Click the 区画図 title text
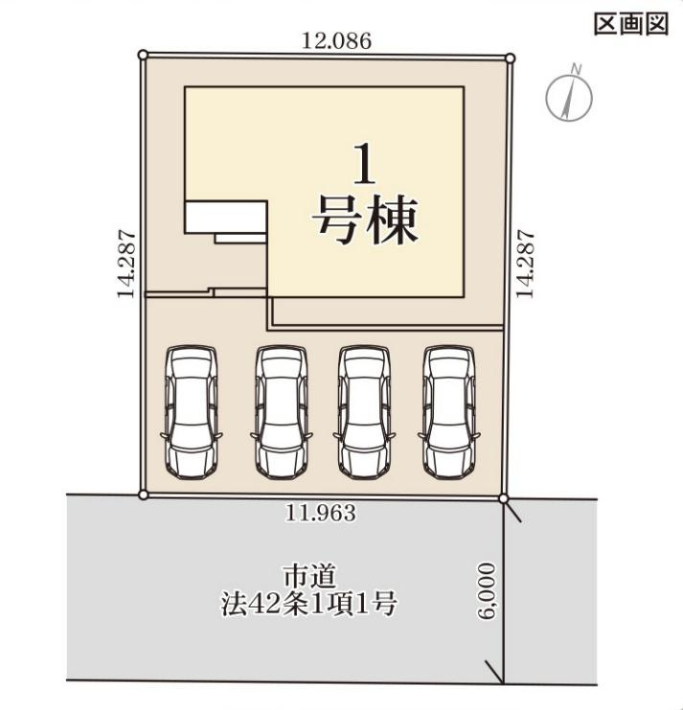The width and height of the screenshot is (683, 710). [630, 25]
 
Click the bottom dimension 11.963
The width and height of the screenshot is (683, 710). [321, 514]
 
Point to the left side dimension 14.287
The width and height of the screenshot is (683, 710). [125, 263]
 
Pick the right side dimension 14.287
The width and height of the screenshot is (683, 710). [525, 263]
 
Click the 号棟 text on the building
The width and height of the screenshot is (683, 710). [365, 220]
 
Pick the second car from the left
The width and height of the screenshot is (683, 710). [280, 410]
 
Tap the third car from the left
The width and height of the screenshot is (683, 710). [364, 410]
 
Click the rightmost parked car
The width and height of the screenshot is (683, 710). [450, 410]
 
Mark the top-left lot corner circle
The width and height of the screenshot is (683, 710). [143, 56]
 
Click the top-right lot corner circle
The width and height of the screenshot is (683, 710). [510, 58]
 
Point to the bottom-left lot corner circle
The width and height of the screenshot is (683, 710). [143, 494]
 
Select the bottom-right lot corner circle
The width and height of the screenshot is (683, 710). [505, 496]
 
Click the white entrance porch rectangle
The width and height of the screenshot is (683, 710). [225, 217]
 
